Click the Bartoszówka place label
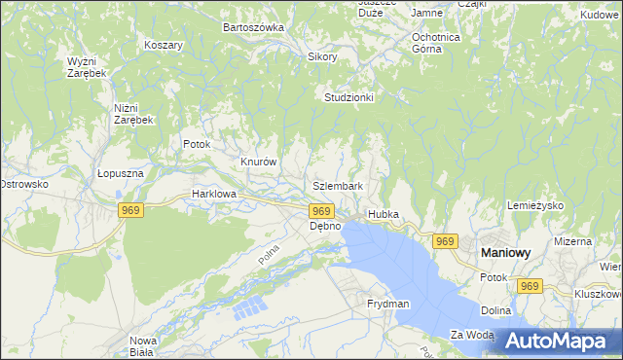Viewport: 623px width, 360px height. click(x=253, y=27)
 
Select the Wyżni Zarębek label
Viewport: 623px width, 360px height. click(x=87, y=67)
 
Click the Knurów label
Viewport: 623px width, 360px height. click(x=260, y=162)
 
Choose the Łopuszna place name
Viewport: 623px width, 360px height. click(x=121, y=173)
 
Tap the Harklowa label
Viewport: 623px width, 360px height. click(x=214, y=194)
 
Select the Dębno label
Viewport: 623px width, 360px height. click(x=325, y=226)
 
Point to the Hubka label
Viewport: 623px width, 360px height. click(x=384, y=214)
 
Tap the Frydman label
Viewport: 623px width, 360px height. click(x=388, y=305)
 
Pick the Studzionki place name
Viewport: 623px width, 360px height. click(x=349, y=98)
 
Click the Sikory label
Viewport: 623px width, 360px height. click(x=322, y=57)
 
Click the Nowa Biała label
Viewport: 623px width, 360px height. click(x=143, y=346)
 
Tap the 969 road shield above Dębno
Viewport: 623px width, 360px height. click(x=322, y=211)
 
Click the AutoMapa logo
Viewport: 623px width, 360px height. click(x=562, y=342)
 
